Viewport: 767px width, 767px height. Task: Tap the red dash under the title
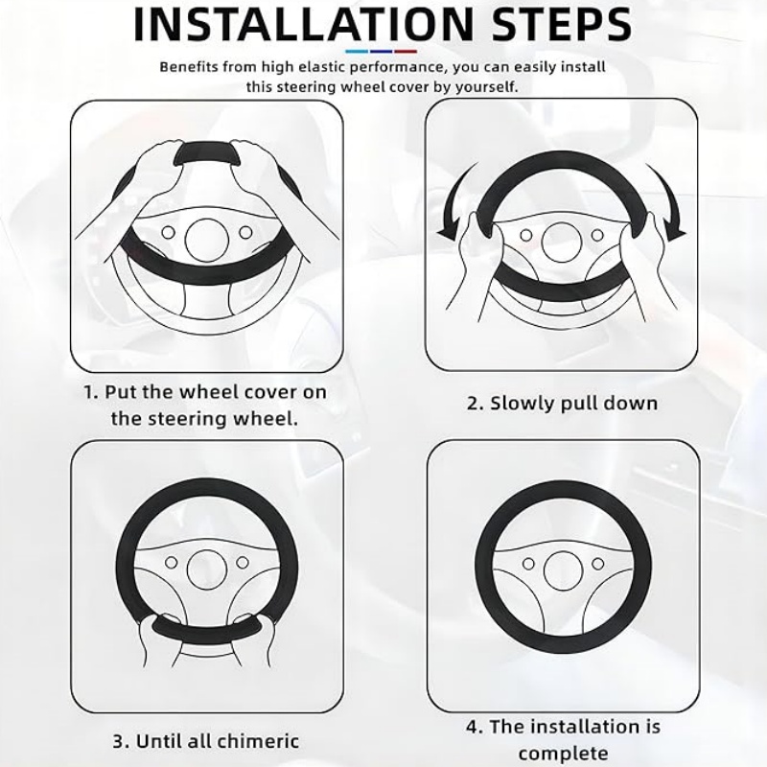pos(406,51)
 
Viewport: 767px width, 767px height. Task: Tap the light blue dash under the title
pos(357,51)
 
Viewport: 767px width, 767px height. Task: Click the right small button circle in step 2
pos(597,235)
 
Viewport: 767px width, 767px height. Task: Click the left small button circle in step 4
pos(528,564)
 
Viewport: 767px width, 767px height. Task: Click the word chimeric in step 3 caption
pos(258,740)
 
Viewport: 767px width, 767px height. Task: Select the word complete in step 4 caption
pos(564,754)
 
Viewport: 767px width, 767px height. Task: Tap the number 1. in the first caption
pos(91,392)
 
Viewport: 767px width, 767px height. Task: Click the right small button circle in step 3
pos(243,563)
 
